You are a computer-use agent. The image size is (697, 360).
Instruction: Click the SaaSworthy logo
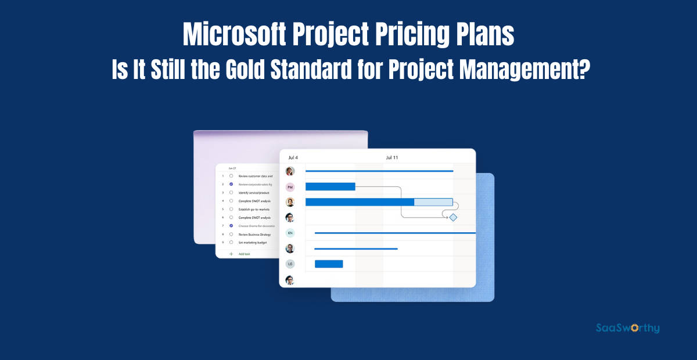pos(628,328)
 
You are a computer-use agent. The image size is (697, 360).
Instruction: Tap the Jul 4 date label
pos(293,157)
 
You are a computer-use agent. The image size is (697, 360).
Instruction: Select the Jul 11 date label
pos(392,157)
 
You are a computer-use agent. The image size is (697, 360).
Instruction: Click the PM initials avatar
pos(290,187)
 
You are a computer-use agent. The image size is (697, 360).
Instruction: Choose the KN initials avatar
pos(290,233)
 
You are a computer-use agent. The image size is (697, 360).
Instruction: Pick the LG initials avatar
pos(290,264)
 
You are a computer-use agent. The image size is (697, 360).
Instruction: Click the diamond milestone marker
pos(453,217)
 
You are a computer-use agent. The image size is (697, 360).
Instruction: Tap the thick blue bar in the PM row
pos(330,186)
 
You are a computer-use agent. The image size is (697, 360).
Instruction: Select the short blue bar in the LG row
pos(329,264)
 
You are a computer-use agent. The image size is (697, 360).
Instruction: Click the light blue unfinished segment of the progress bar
pos(433,202)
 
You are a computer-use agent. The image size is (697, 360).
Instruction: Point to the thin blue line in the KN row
pos(395,233)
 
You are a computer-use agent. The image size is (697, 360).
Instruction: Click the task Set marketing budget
pos(253,242)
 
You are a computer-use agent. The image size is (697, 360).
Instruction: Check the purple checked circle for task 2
pos(231,184)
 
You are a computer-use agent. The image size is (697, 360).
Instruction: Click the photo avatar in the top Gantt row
pos(290,171)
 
